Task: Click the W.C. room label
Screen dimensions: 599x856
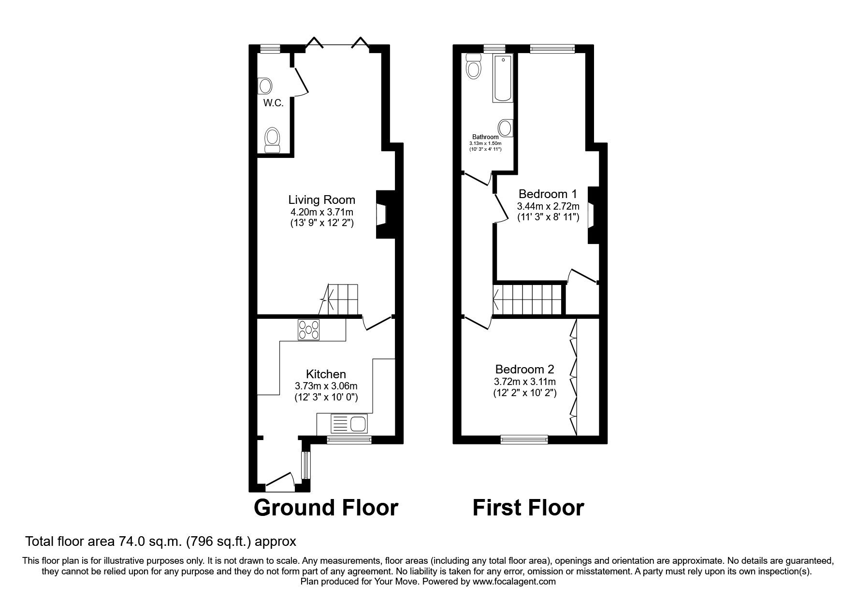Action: (x=273, y=103)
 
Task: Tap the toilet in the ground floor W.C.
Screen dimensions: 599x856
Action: (x=272, y=140)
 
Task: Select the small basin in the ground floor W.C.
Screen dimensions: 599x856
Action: (x=265, y=86)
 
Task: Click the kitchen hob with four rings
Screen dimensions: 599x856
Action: (x=309, y=329)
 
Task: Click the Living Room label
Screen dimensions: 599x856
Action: (x=321, y=200)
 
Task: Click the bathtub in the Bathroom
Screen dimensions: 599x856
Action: (x=503, y=78)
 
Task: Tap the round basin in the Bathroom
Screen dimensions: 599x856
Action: (x=505, y=128)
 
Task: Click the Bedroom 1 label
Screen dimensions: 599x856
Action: (x=548, y=194)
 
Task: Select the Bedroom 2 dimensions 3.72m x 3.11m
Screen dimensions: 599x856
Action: (x=524, y=382)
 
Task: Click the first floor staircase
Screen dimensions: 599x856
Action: (x=529, y=299)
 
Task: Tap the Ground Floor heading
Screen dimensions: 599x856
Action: (x=326, y=508)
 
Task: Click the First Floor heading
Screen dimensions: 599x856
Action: (x=528, y=508)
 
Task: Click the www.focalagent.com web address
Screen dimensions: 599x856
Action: (x=514, y=582)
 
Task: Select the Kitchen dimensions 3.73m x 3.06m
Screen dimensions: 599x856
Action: (x=326, y=386)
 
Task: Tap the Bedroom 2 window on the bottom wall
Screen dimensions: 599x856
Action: (x=524, y=439)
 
